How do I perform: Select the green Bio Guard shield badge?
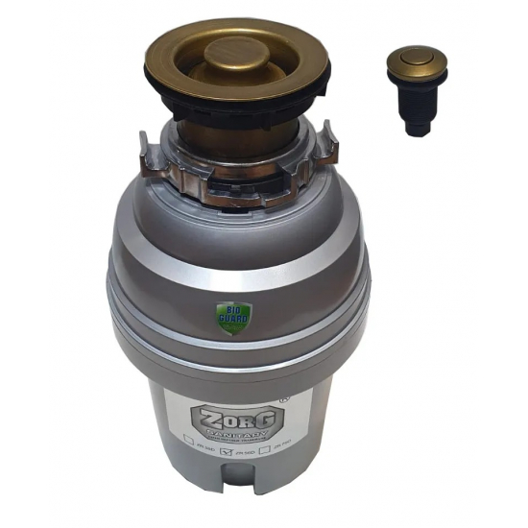tap(223, 317)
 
